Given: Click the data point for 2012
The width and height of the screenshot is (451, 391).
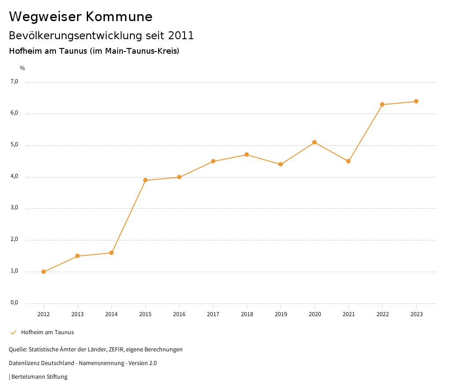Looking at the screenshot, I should pyautogui.click(x=44, y=272).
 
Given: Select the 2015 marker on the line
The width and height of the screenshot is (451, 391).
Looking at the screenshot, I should pyautogui.click(x=145, y=180).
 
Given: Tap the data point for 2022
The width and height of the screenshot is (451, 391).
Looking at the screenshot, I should pyautogui.click(x=382, y=104).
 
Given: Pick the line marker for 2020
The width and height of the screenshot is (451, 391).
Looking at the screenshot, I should pyautogui.click(x=314, y=142).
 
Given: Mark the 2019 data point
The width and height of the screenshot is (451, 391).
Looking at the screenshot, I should pyautogui.click(x=281, y=164).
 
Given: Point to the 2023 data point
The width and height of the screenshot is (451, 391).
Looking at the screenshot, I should pyautogui.click(x=416, y=101).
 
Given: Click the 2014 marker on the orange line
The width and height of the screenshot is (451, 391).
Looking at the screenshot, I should pyautogui.click(x=111, y=253).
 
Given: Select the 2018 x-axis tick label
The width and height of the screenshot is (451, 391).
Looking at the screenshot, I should pyautogui.click(x=247, y=314).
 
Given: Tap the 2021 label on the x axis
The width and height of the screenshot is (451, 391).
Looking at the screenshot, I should pyautogui.click(x=349, y=314).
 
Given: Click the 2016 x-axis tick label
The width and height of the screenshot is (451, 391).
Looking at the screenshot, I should pyautogui.click(x=179, y=314).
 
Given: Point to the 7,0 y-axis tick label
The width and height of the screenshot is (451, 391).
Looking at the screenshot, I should pyautogui.click(x=15, y=81).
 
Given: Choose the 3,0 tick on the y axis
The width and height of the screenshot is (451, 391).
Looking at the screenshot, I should pyautogui.click(x=15, y=207).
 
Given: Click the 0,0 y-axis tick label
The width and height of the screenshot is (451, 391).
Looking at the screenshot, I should pyautogui.click(x=15, y=302).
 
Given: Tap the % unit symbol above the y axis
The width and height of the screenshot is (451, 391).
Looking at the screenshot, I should pyautogui.click(x=22, y=68).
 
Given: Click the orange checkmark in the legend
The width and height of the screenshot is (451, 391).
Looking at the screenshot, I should pyautogui.click(x=13, y=332).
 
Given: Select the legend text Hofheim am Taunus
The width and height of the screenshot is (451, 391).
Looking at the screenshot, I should pyautogui.click(x=48, y=332).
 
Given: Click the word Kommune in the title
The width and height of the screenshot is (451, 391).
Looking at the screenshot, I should pyautogui.click(x=119, y=17).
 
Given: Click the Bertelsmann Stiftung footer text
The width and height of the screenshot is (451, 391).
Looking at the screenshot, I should pyautogui.click(x=39, y=376).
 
